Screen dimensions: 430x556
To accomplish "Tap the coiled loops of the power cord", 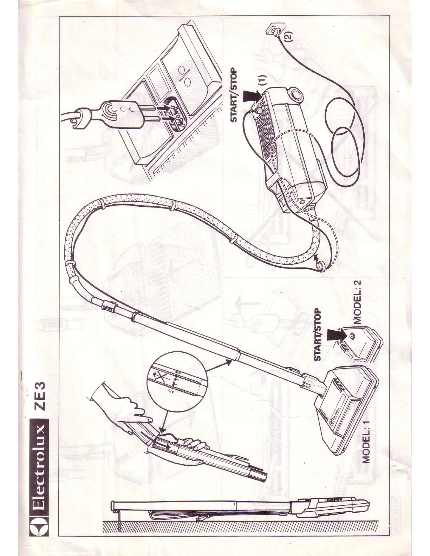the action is (x=344, y=140).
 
